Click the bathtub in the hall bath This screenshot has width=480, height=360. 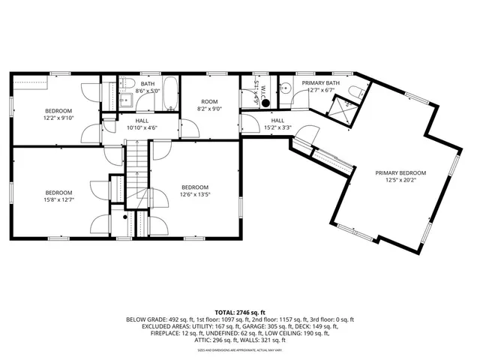click(170, 94)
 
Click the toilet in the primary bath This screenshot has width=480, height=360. click(359, 92)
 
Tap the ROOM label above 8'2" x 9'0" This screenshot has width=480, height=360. click(208, 101)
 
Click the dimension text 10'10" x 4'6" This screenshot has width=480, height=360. click(141, 127)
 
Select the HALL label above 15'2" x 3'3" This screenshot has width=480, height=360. click(277, 120)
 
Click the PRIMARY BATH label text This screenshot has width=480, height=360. click(320, 82)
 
